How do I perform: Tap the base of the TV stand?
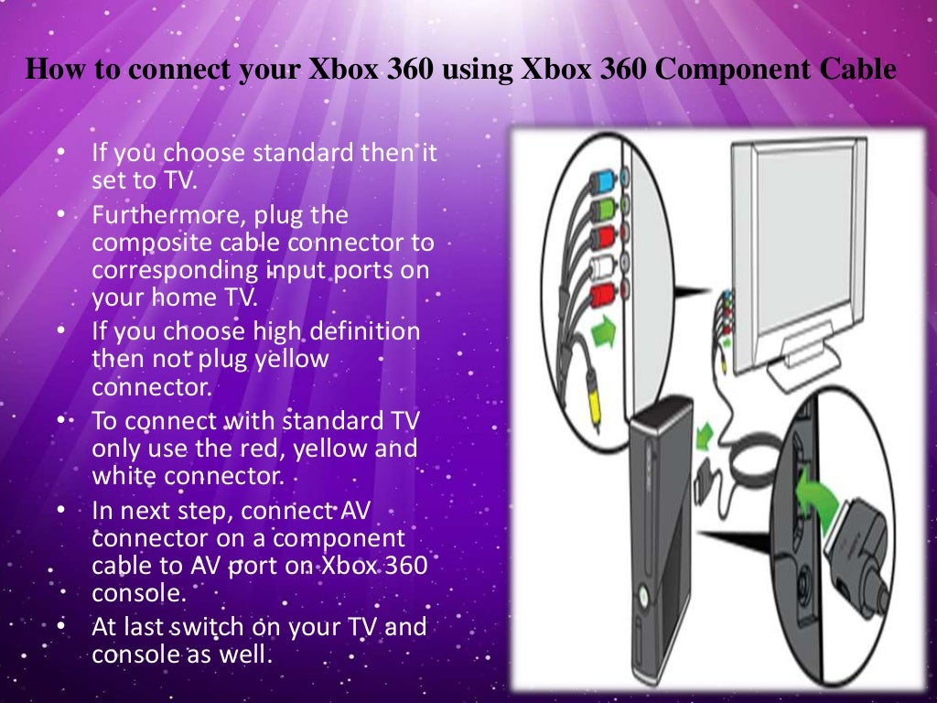[x=806, y=371]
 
